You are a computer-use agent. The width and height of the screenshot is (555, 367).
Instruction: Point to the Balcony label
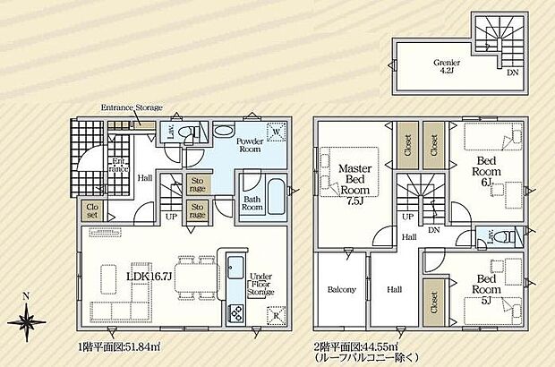click(341, 290)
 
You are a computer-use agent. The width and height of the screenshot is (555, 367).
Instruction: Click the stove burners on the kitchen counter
click(238, 313)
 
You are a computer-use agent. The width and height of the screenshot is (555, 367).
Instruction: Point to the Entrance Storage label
click(132, 108)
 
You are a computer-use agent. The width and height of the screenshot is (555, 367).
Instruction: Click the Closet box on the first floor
click(90, 211)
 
